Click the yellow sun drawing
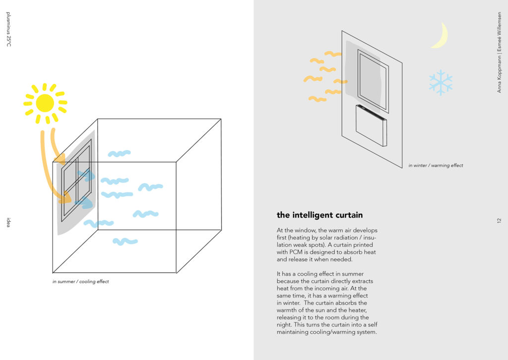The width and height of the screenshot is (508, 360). [x=45, y=103]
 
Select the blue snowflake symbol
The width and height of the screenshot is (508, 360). [x=441, y=82]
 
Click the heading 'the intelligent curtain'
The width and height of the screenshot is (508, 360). [x=319, y=215]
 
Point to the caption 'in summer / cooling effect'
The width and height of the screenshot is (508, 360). [x=80, y=282]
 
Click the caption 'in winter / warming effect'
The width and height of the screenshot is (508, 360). [x=436, y=165]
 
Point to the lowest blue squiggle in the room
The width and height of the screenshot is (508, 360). [x=125, y=241]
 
